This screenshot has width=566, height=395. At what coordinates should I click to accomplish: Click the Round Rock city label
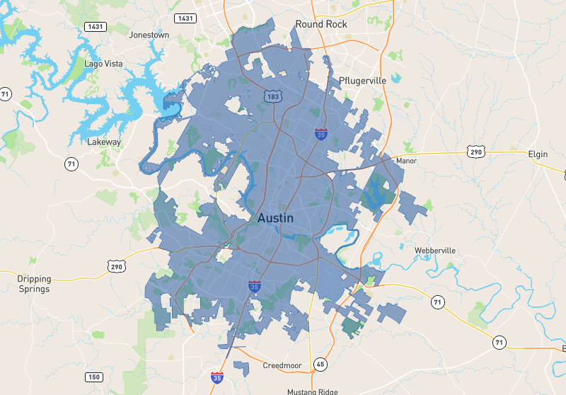tap(321, 24)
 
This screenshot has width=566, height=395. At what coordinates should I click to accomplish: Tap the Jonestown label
tap(149, 35)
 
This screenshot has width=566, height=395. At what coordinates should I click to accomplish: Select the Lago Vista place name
tap(103, 64)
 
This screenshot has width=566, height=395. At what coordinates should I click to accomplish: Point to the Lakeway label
tap(104, 142)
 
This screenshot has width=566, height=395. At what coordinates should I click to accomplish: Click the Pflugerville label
tap(363, 81)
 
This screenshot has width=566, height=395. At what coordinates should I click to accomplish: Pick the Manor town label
tap(407, 161)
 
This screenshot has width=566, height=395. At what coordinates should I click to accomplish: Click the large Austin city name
tap(275, 219)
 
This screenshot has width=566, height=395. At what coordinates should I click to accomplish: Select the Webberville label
tap(435, 251)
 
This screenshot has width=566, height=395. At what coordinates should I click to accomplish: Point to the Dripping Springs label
tap(34, 284)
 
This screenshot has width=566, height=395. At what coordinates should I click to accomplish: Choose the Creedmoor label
tap(282, 366)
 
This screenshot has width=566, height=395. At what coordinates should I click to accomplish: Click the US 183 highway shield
tap(272, 95)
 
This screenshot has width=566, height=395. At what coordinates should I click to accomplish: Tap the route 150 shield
tap(93, 377)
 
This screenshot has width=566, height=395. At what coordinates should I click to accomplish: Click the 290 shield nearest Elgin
tap(475, 151)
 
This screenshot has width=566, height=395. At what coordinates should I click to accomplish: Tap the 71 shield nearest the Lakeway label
tap(70, 164)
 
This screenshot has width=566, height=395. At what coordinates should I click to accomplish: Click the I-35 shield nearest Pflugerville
tap(321, 134)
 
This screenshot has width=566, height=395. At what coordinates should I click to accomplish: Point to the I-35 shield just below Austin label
tap(254, 286)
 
